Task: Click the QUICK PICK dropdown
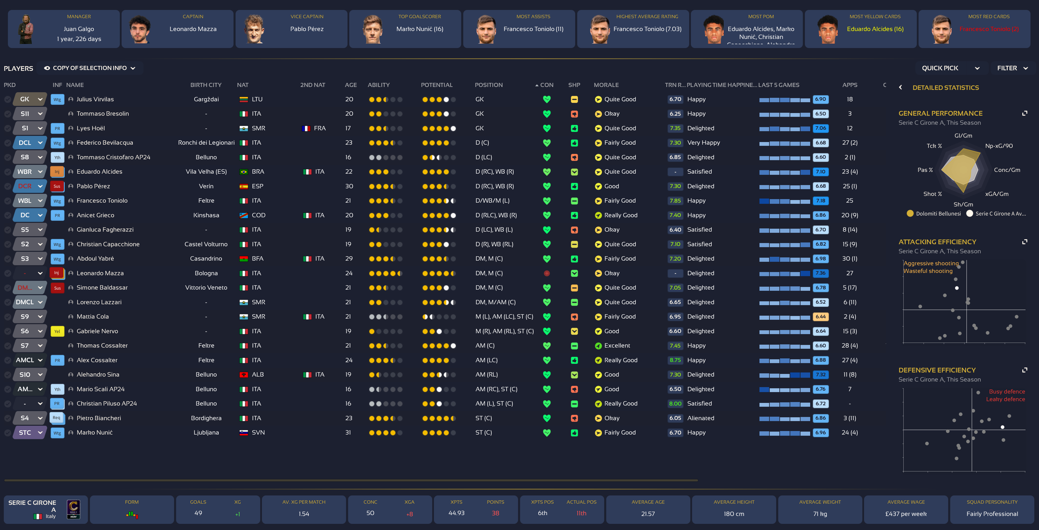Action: pos(950,68)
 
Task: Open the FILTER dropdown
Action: pos(1012,68)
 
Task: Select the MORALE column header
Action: pos(606,85)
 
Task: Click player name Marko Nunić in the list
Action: pos(94,432)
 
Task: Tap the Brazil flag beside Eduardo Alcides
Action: pos(243,172)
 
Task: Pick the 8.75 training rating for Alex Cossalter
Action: pos(675,360)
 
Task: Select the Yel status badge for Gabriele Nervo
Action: pos(57,331)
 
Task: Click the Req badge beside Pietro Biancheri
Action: pos(57,418)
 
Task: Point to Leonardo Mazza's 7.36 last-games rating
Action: pos(820,273)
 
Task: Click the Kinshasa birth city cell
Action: pos(206,215)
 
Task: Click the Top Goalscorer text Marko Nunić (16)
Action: pos(420,29)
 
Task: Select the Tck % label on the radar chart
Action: pos(934,146)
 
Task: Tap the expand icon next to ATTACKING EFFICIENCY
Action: pos(1024,242)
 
